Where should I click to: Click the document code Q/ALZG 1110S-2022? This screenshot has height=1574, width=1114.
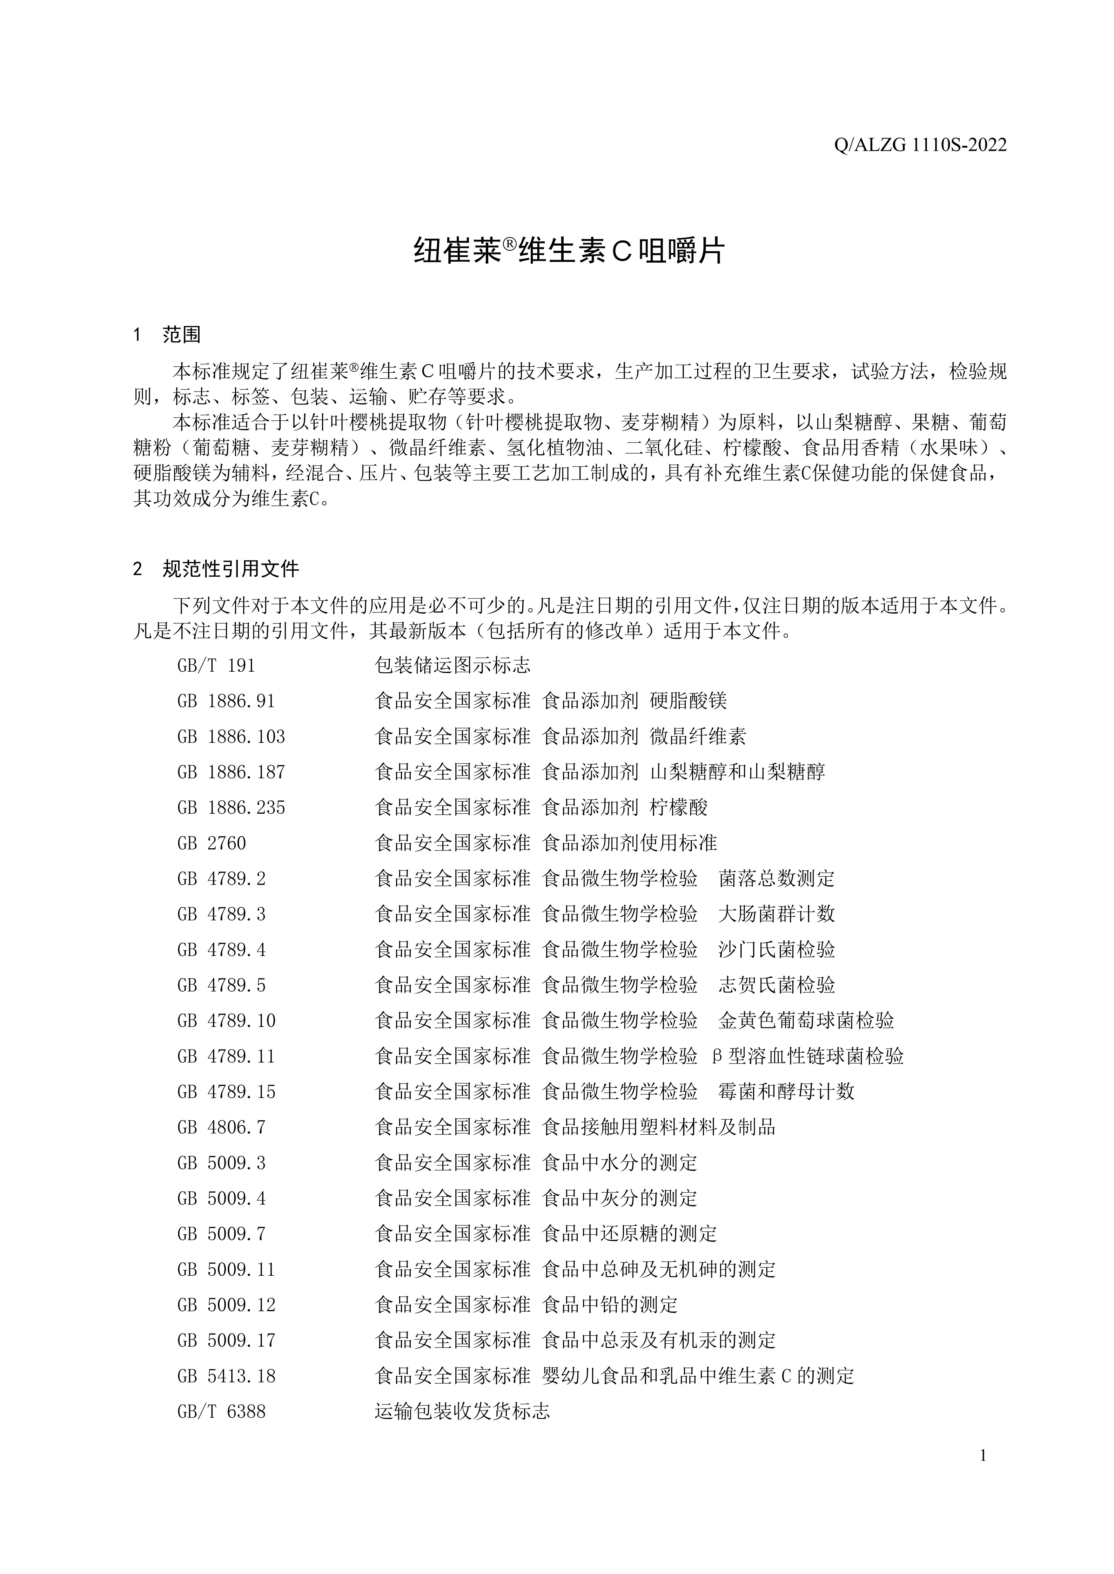[921, 145]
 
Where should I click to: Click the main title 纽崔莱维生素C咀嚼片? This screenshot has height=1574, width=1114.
[569, 252]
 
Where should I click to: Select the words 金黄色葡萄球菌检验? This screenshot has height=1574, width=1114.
[806, 1021]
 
